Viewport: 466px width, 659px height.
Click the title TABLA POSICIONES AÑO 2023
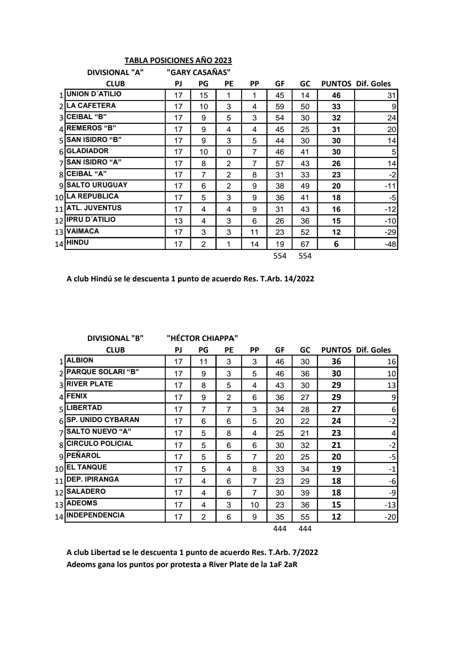point(178,61)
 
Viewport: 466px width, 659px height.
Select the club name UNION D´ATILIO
point(94,94)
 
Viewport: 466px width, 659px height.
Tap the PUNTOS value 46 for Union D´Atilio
point(336,95)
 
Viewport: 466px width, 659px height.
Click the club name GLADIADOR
point(88,151)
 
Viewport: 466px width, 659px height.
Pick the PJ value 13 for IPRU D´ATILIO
point(178,221)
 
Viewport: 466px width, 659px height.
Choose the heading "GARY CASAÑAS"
point(198,73)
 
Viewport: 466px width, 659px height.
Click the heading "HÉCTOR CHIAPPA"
point(202,338)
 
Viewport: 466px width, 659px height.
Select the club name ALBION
point(80,360)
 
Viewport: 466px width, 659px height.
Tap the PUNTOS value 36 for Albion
point(336,362)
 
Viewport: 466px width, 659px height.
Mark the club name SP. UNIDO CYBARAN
point(103,420)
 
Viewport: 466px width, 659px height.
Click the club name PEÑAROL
point(83,456)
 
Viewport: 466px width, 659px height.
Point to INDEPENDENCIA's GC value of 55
point(305,517)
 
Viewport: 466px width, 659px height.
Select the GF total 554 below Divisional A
point(280,256)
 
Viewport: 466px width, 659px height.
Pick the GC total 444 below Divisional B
point(305,529)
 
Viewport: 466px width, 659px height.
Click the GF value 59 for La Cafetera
point(280,107)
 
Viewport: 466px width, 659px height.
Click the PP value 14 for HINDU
point(255,244)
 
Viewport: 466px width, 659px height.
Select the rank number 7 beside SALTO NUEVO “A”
point(62,433)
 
